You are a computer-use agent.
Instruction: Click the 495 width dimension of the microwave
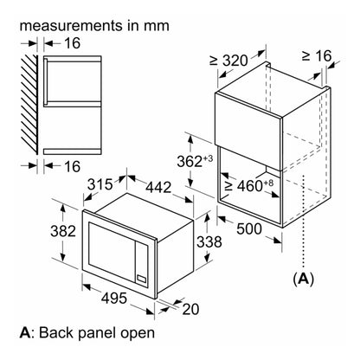(x=114, y=298)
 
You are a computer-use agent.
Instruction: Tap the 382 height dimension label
(x=63, y=231)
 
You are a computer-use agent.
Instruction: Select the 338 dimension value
(x=209, y=241)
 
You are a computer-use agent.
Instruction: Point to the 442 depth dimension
(x=158, y=187)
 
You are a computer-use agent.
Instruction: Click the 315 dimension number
(x=100, y=184)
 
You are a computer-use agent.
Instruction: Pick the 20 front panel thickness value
(x=190, y=309)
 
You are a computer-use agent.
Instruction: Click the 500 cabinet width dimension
(x=249, y=228)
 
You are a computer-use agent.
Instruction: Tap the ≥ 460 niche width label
(x=248, y=185)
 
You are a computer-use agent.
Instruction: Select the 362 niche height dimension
(x=195, y=161)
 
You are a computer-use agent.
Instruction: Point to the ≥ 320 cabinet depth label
(x=228, y=61)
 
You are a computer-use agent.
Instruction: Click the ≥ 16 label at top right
(x=317, y=55)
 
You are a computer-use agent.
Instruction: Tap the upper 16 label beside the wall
(x=72, y=43)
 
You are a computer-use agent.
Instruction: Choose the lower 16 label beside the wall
(x=72, y=166)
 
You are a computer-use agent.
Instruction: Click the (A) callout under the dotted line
(x=303, y=279)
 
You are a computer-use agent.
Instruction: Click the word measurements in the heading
(x=71, y=25)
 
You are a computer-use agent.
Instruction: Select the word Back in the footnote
(x=56, y=332)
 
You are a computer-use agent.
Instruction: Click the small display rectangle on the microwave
(x=141, y=279)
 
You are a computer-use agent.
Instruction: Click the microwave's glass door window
(x=112, y=250)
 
